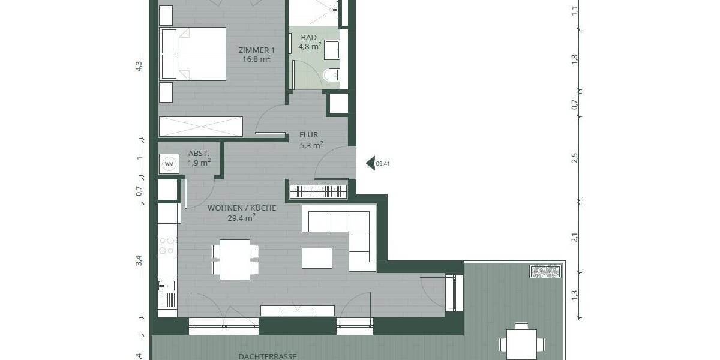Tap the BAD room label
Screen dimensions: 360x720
(308, 37)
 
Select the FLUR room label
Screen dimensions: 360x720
(309, 135)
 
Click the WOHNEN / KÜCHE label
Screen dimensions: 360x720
(242, 208)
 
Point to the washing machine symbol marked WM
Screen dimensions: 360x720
(169, 164)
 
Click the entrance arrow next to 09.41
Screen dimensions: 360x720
(370, 163)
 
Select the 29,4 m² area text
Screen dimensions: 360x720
(242, 219)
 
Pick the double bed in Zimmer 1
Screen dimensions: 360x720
(193, 53)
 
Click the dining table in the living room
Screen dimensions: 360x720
(235, 259)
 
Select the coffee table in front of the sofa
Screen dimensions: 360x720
(317, 258)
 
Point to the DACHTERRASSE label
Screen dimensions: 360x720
(267, 356)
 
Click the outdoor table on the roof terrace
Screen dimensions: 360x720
(521, 344)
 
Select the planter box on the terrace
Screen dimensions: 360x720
(545, 271)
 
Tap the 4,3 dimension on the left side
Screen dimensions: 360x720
(139, 67)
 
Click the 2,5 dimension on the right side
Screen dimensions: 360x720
(574, 158)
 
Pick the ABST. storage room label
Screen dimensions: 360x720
(199, 154)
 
